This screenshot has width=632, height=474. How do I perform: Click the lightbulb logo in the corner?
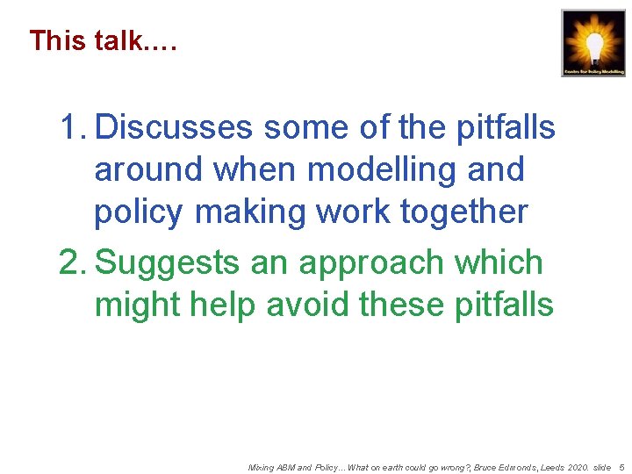click(x=593, y=43)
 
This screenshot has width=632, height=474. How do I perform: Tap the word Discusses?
click(x=173, y=128)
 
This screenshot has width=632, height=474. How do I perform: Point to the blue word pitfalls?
click(x=506, y=128)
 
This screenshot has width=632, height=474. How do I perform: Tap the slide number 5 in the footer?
click(x=621, y=468)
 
